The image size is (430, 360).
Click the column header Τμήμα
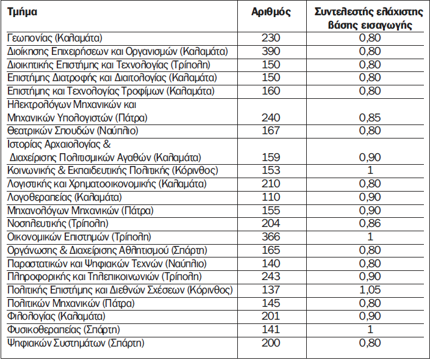point(22,12)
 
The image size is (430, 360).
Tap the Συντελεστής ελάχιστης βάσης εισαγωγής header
point(370,18)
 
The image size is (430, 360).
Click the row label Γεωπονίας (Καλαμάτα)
point(54,38)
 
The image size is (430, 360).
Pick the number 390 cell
point(271,51)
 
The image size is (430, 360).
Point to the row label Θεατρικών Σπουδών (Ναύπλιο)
point(73,131)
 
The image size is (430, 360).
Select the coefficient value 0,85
point(370,117)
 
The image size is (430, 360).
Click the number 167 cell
point(271,131)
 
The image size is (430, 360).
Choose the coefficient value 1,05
point(370,290)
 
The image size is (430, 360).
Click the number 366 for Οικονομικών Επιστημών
point(271,237)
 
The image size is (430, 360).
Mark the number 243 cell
point(271,276)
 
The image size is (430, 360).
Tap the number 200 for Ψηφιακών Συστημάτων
point(271,343)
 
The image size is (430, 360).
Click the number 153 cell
point(271,170)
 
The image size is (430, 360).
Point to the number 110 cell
point(271,197)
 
